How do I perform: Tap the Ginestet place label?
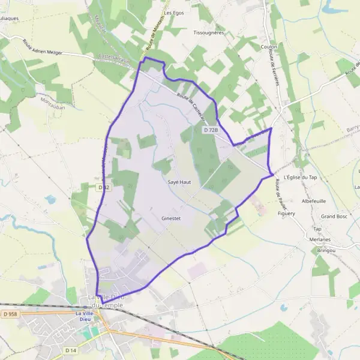point(171,218)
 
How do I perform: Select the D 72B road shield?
point(210,130)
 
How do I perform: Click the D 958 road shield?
point(9,313)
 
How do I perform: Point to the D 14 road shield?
point(71,349)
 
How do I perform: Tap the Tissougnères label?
point(209,32)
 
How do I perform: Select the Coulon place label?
point(269,46)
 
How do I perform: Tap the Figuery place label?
point(286,213)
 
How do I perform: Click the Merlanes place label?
point(320,239)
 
